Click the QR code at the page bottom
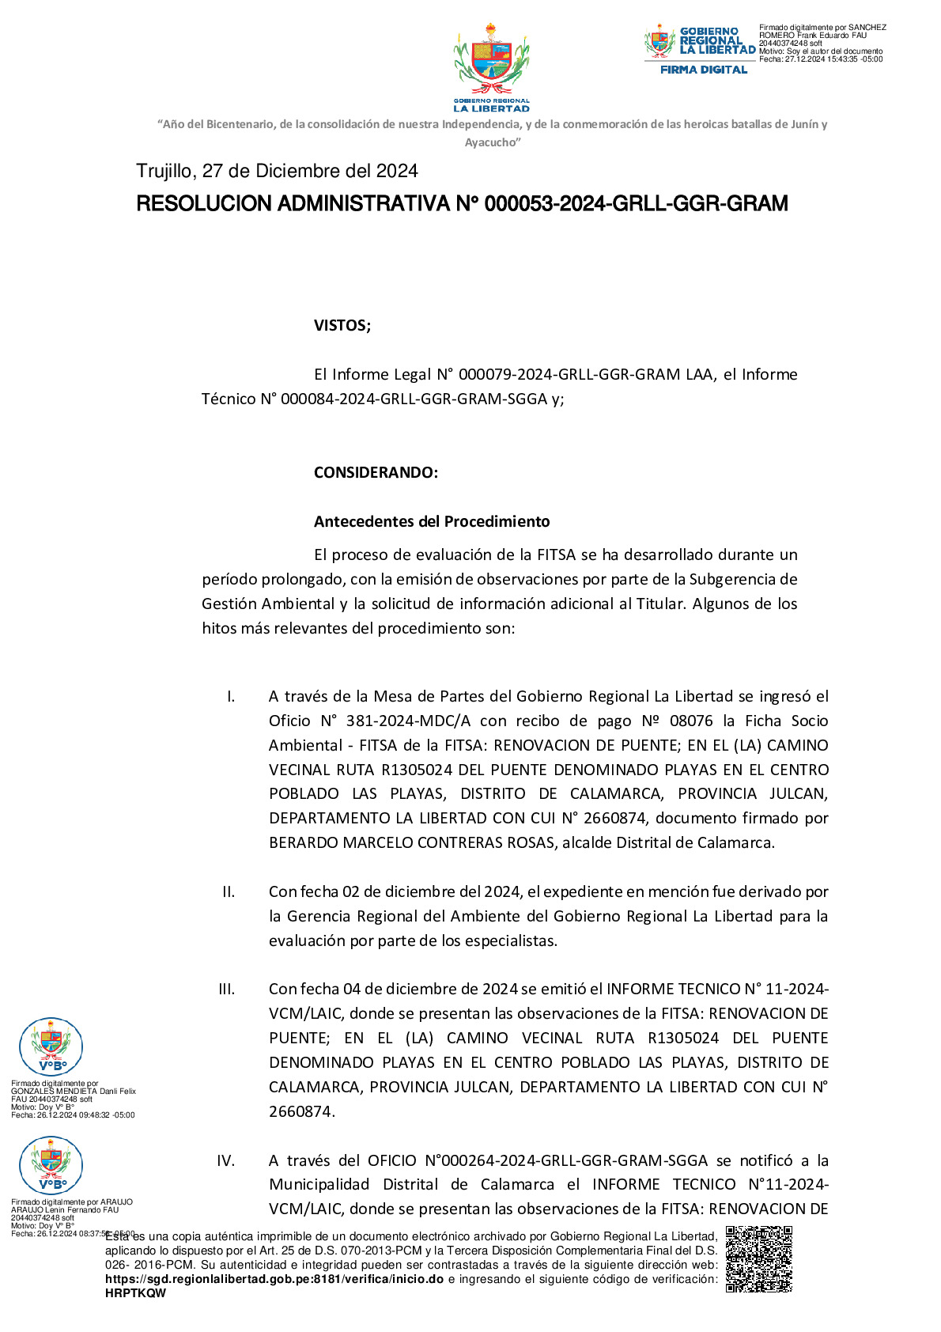758,1258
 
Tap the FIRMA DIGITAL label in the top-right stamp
704,70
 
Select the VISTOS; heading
342,325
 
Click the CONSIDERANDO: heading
376,472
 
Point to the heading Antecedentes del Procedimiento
432,521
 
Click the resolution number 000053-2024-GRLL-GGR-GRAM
636,204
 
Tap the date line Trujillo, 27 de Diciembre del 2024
277,171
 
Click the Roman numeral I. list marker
231,696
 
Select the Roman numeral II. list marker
229,891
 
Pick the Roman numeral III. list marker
227,989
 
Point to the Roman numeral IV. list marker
226,1160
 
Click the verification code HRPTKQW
136,1293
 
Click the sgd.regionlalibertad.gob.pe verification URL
274,1279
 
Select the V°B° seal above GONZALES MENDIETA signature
51,1046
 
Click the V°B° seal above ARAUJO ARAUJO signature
51,1165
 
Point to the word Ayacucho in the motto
491,142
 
